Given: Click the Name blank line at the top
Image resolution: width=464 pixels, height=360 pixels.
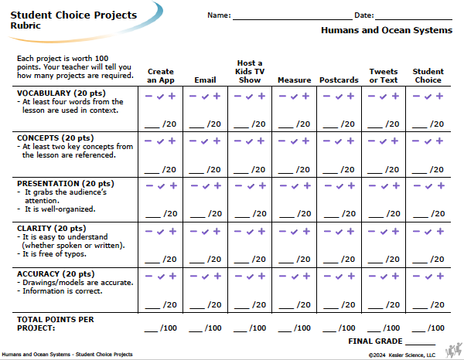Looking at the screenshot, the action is pos(292,20).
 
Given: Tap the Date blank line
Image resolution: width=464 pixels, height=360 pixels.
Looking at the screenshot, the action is pos(414,20).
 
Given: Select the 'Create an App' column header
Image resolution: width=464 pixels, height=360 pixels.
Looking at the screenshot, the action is pos(161,76).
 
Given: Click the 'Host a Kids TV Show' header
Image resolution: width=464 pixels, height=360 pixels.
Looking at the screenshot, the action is pos(250,72).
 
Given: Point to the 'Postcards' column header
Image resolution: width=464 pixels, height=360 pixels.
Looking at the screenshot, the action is pos(339,80).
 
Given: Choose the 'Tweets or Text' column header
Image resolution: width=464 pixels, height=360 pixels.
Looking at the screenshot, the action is pos(384,76).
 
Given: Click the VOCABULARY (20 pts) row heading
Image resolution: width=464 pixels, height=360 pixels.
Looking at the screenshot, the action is pos(61,93).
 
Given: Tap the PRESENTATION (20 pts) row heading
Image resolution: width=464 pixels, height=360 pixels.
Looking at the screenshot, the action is pos(66,184).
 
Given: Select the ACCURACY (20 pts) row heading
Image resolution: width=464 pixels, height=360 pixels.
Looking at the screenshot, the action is pos(56,274).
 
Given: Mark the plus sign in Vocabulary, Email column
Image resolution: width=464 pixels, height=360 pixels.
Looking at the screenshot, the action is pos(217,96).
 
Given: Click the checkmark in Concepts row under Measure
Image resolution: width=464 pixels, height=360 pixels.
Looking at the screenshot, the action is pos(294,141).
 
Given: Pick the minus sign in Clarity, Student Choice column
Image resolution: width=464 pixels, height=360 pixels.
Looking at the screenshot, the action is pos(416,231).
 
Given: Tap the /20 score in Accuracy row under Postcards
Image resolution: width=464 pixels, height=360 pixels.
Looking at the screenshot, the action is pos(348,304).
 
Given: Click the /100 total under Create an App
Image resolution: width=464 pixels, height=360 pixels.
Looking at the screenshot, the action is pos(169,328).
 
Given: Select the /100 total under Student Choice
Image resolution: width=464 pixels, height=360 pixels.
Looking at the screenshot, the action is pos(436,328).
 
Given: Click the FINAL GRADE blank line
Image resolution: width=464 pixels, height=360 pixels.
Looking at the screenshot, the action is pos(420,345).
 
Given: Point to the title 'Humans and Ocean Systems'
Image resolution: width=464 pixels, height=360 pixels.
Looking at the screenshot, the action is pos(387,30).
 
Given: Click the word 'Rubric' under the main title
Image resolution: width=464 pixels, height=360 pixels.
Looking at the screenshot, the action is pos(26,25).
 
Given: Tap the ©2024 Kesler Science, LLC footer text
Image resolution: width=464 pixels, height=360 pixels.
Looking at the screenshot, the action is pos(402,355).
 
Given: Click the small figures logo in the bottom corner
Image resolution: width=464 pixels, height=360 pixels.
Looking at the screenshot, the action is pos(454,350).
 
